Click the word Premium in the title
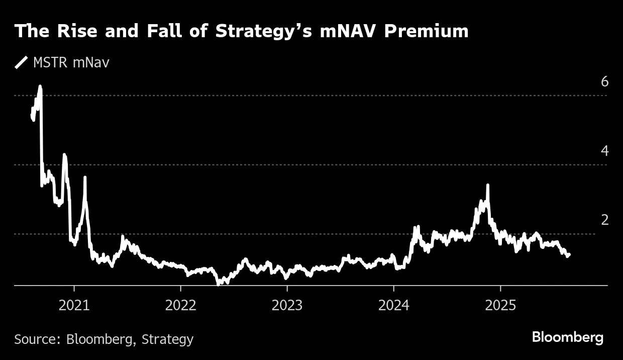[427, 31]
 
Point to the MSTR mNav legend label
[71, 63]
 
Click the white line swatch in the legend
[22, 63]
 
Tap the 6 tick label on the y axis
[605, 81]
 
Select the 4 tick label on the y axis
[605, 151]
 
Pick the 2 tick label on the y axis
[605, 220]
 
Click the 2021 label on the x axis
[74, 306]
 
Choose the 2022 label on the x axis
[180, 306]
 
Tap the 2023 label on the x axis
[287, 306]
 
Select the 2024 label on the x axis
[393, 306]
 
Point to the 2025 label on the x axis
[500, 306]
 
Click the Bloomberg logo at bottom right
[568, 337]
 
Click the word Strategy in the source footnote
[167, 339]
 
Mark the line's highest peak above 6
[40, 87]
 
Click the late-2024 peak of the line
[487, 186]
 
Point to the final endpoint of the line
[569, 255]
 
